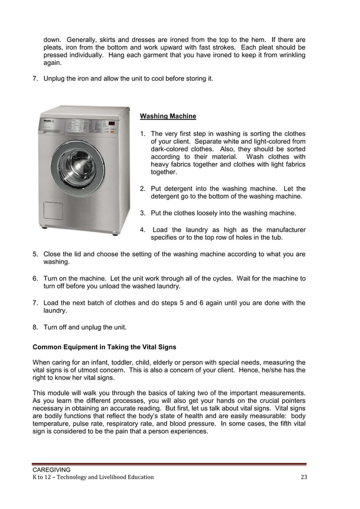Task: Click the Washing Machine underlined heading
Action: tap(168, 116)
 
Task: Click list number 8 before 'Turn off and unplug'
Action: tap(35, 327)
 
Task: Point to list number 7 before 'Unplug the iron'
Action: tap(35, 78)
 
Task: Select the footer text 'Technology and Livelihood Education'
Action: tap(100, 477)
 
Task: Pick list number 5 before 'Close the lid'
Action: tap(35, 254)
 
